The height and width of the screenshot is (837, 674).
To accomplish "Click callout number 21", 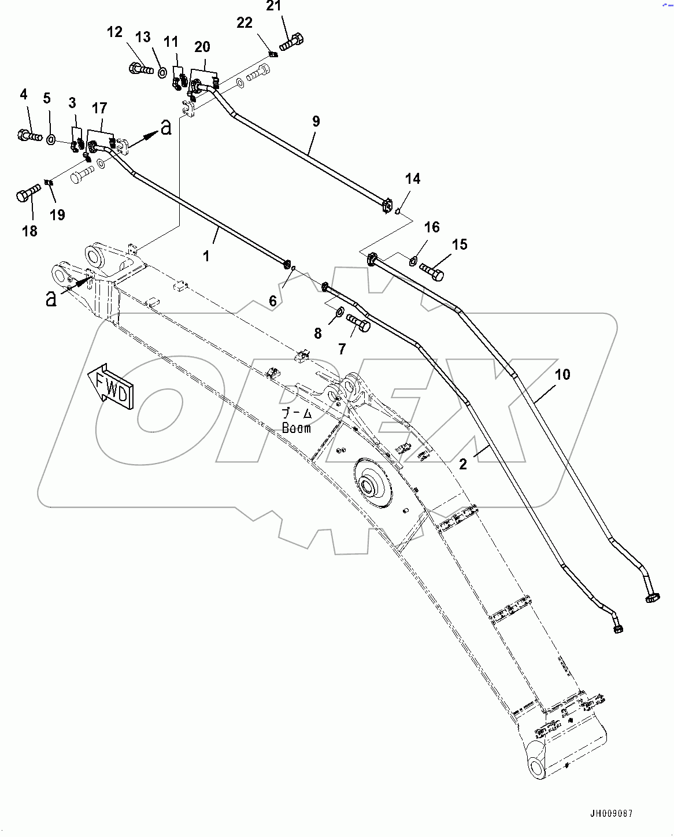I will click(274, 6).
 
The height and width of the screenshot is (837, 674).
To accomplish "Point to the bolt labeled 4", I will click(28, 136).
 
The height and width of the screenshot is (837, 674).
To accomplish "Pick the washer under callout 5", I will click(51, 139).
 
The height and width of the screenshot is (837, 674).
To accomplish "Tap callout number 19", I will click(57, 215).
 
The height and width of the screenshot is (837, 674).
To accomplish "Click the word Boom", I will click(297, 428).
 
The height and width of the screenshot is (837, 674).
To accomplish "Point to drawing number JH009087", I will click(611, 813).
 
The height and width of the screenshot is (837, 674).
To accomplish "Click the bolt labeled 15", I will click(432, 271).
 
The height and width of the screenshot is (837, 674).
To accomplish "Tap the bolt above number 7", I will click(358, 323).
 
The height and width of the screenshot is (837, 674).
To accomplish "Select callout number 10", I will click(562, 375).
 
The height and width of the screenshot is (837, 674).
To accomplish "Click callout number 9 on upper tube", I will click(316, 121).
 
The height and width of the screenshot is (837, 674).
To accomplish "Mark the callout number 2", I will click(462, 464).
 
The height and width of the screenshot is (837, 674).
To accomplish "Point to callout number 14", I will click(412, 179).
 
